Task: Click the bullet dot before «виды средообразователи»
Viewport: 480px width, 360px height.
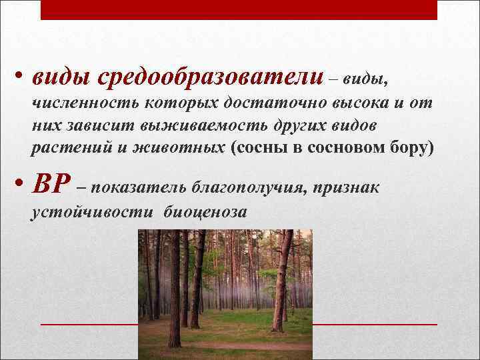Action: (21, 75)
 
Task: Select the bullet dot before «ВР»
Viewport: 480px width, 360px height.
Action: (21, 186)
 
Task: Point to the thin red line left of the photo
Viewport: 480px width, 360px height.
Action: (89, 324)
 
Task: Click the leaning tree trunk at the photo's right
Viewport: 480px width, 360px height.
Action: (281, 280)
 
